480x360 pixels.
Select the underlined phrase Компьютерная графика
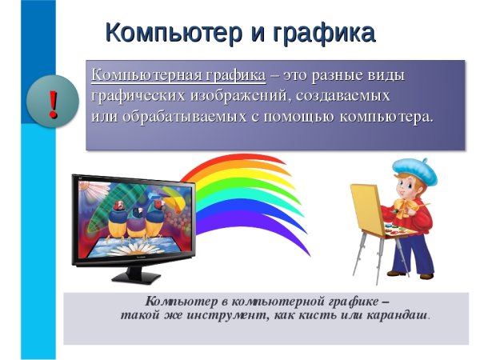click(178, 75)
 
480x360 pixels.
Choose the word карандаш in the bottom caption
click(397, 314)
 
